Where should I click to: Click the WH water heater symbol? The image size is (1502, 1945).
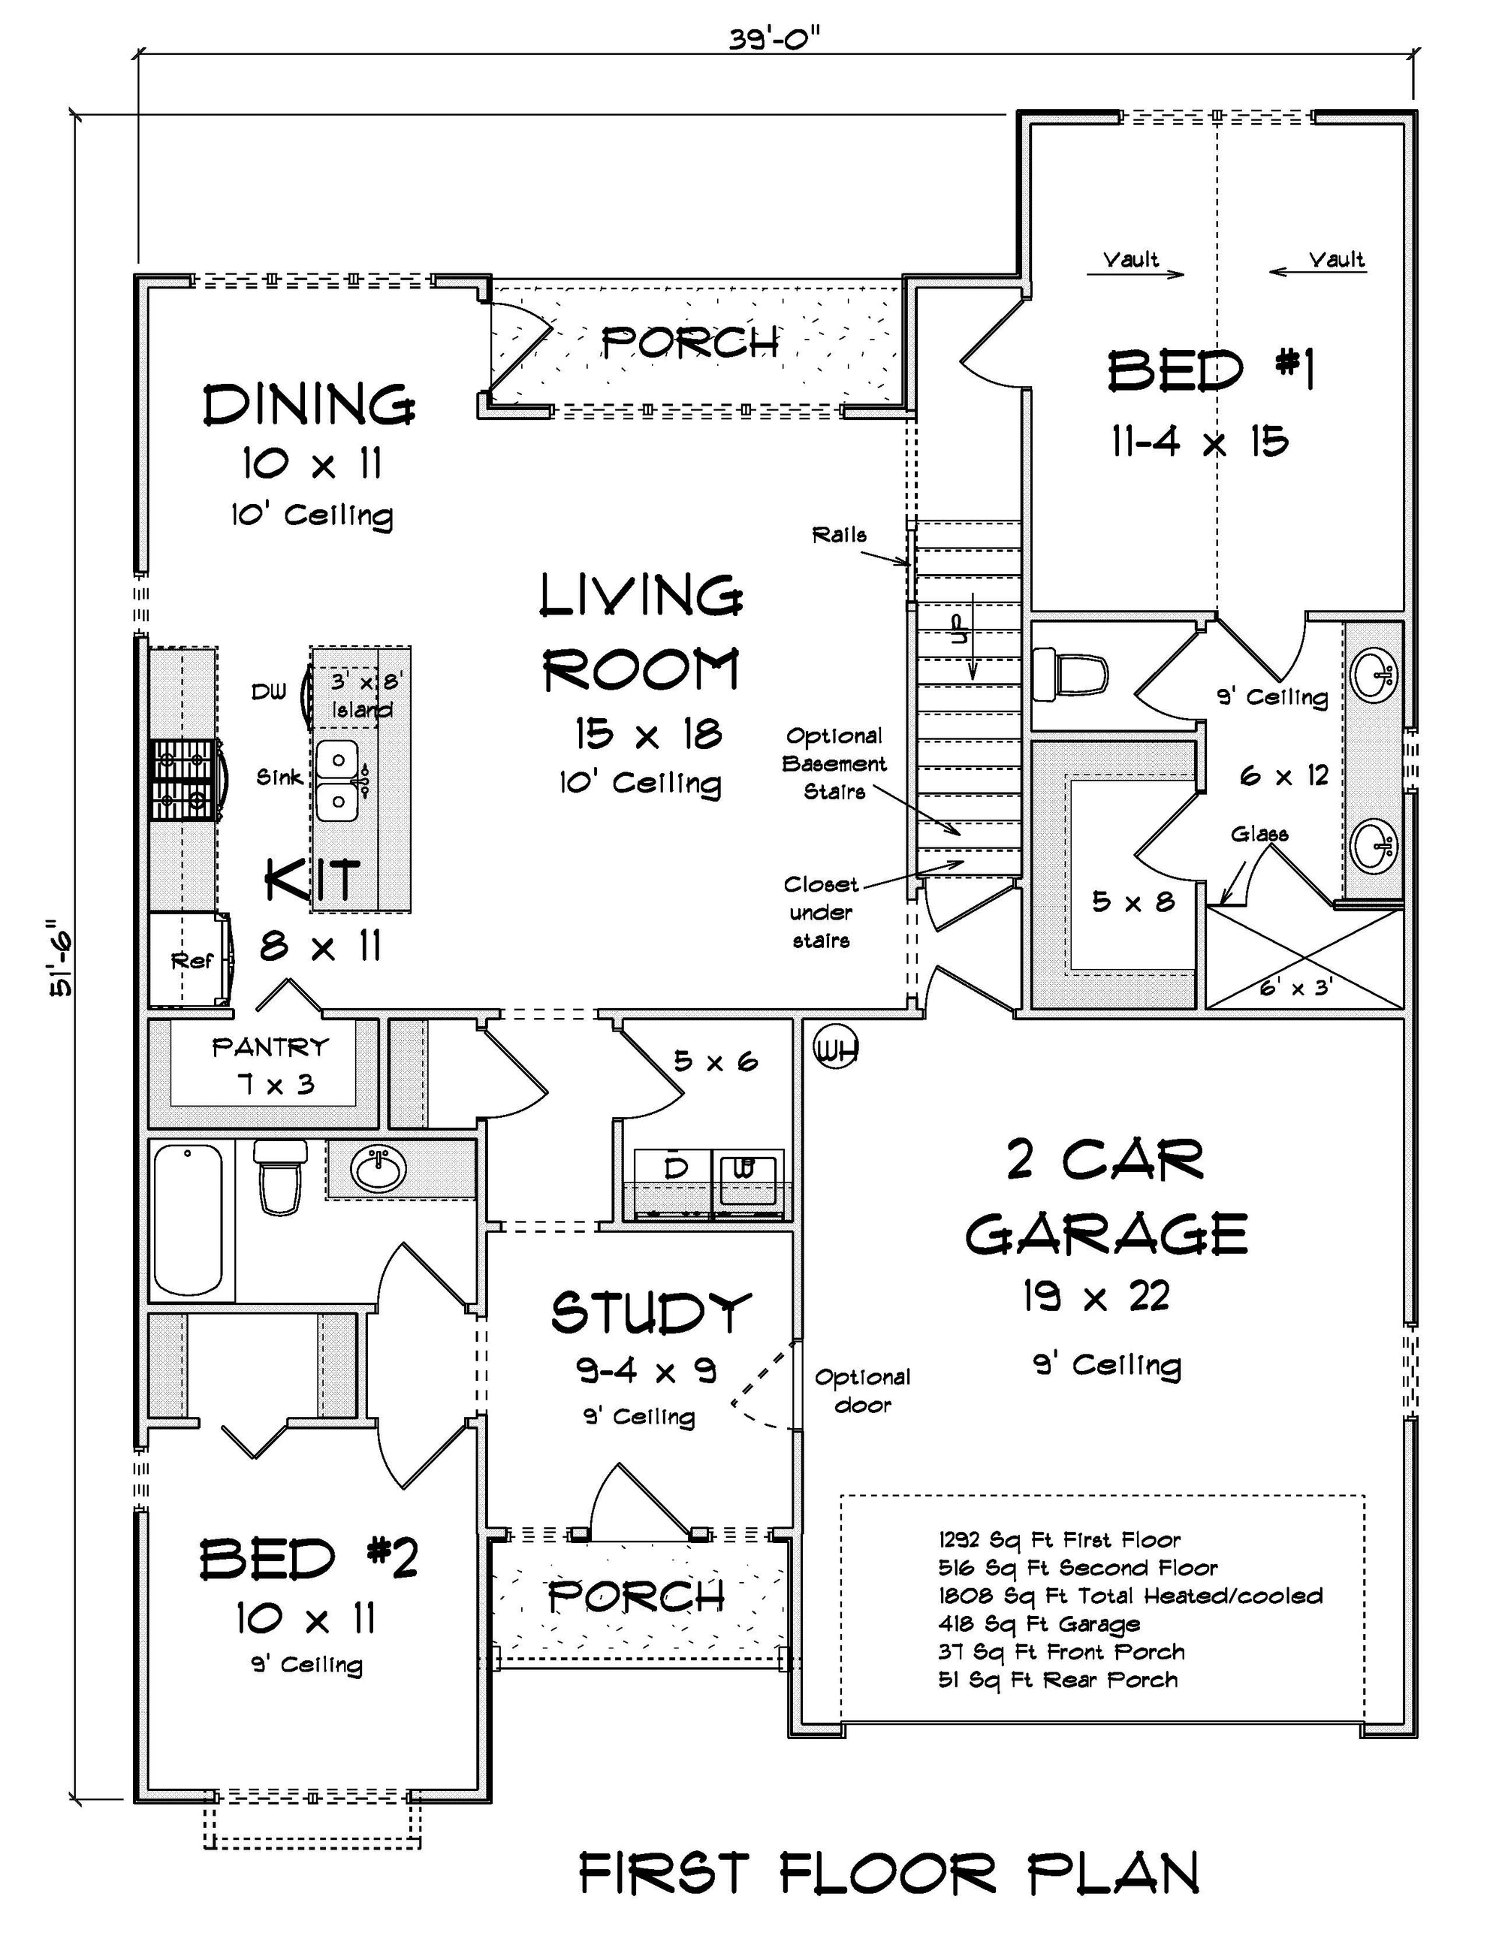pos(835,1050)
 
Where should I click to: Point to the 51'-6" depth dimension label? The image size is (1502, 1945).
pos(61,957)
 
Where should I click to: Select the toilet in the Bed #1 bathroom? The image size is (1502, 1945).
pos(1070,673)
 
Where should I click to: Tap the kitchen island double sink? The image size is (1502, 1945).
pos(339,780)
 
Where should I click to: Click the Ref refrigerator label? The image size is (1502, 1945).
pos(192,960)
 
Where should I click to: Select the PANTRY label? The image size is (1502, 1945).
pos(270,1046)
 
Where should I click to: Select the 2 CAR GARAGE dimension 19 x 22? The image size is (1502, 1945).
pos(1095,1297)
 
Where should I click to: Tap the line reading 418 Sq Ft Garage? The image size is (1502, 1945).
pos(1039,1623)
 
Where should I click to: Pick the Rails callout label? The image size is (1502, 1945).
pos(839,535)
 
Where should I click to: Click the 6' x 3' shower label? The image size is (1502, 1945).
pos(1295,986)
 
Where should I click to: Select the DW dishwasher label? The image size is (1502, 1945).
pos(269,692)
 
